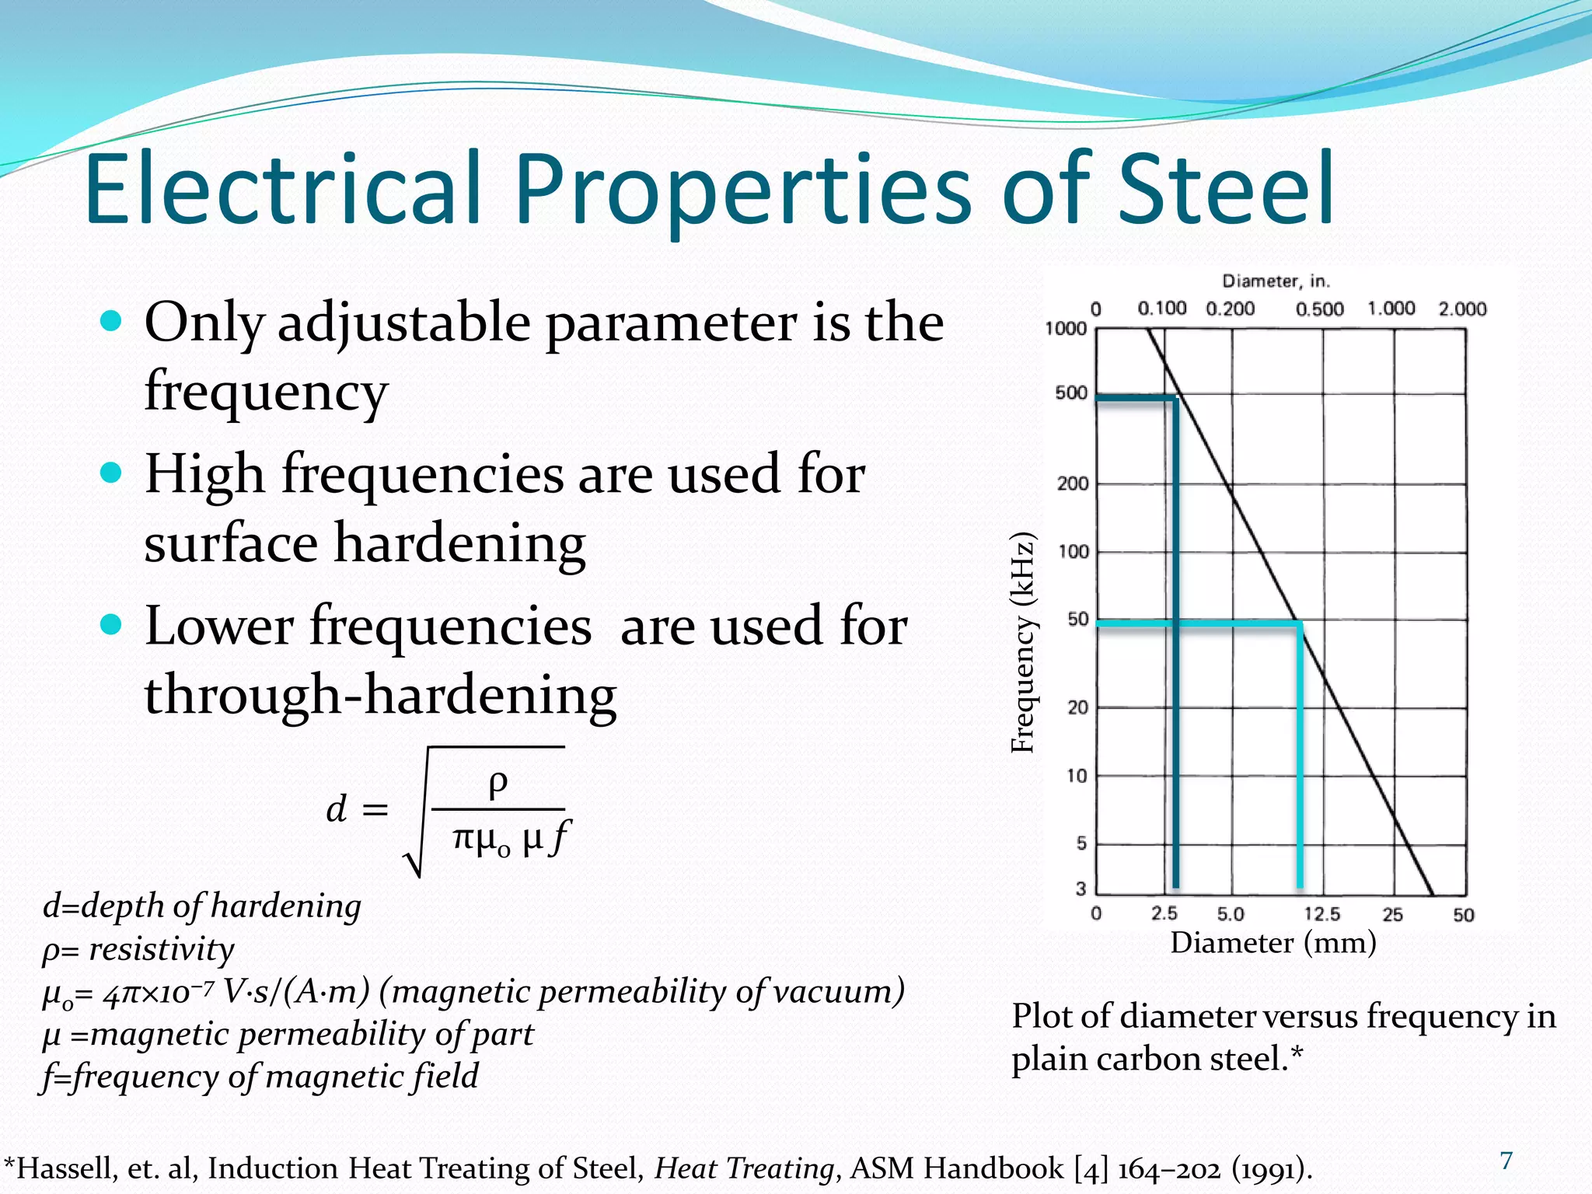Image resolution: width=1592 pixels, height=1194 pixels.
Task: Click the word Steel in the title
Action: click(x=1226, y=189)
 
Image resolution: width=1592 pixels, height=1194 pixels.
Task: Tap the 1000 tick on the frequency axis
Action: click(x=1066, y=329)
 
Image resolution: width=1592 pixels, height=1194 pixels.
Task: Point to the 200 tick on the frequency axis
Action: click(x=1072, y=484)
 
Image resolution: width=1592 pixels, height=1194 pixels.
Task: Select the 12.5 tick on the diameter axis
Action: click(x=1321, y=914)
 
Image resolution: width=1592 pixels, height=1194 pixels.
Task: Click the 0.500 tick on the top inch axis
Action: click(x=1319, y=309)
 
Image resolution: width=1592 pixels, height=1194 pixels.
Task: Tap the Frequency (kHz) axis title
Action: click(x=1024, y=643)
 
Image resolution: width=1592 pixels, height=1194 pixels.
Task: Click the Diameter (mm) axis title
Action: click(x=1273, y=943)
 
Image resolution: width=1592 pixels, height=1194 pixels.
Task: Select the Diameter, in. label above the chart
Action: click(x=1276, y=281)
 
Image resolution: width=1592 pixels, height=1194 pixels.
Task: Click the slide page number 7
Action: click(x=1506, y=1161)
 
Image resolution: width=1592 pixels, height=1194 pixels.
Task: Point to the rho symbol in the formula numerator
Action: click(x=497, y=784)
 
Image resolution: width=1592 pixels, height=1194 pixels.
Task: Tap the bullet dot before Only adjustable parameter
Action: click(x=112, y=321)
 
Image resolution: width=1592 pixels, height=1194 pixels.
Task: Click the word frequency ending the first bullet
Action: click(x=266, y=391)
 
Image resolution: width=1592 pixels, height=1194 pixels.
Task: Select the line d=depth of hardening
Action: click(x=202, y=906)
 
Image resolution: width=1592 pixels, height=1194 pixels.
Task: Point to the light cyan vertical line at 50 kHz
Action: click(x=1300, y=754)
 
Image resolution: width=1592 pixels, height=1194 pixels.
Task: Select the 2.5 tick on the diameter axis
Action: click(x=1164, y=914)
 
